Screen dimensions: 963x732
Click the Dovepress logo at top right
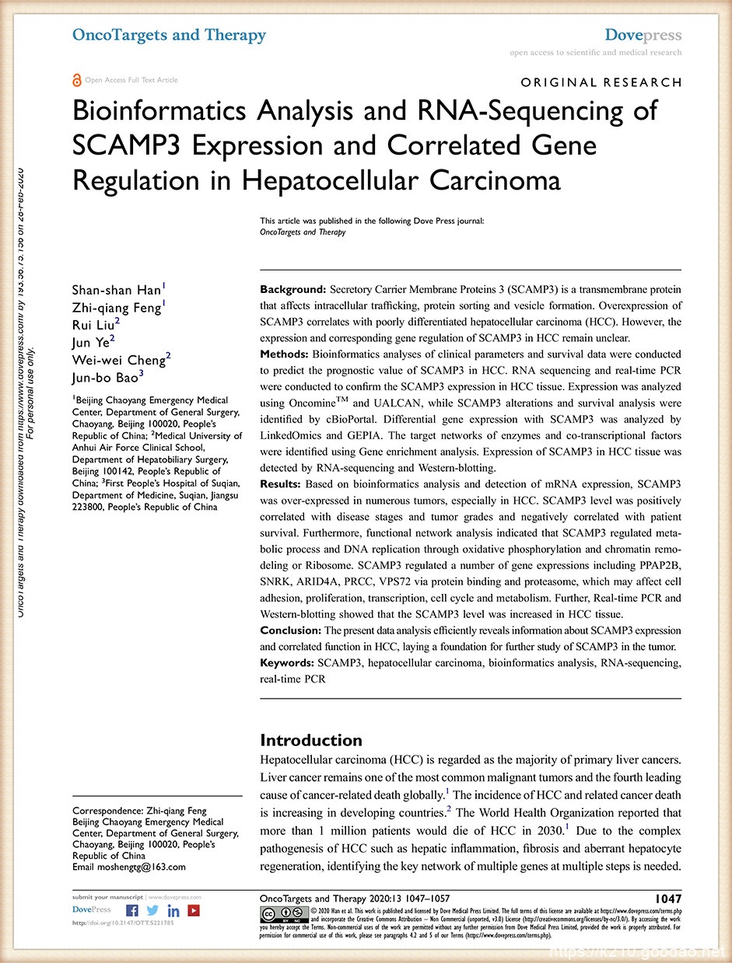coord(643,36)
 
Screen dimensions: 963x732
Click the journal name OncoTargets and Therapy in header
coord(169,35)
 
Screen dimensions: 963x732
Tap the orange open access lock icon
coord(76,80)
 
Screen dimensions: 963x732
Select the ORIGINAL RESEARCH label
coord(601,82)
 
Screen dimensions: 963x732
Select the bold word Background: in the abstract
coord(293,289)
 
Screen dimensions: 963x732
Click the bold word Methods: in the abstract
coord(284,354)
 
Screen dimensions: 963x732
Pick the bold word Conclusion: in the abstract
coord(290,630)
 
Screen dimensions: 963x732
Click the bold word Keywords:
coord(286,663)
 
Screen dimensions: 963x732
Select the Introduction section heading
coord(311,740)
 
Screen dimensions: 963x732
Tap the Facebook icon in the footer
coord(132,911)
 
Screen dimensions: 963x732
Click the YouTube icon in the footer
coord(194,911)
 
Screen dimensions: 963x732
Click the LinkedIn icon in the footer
coord(173,911)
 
